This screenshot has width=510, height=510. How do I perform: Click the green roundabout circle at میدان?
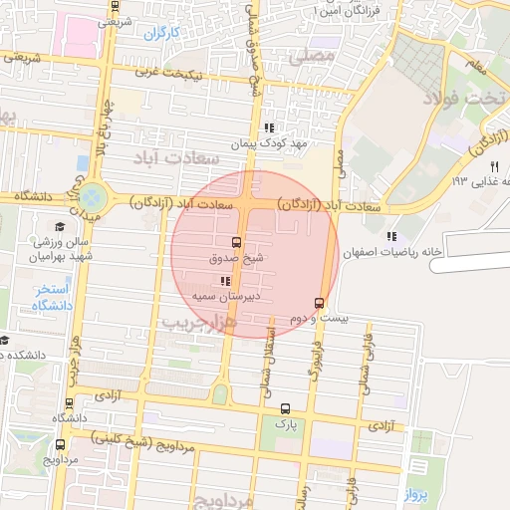point(92,196)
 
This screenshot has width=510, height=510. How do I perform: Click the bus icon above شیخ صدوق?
point(237,241)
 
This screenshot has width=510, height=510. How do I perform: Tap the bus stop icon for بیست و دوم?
point(319,302)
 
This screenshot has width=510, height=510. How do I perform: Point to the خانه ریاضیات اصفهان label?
point(390,253)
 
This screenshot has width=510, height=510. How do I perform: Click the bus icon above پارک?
point(287,407)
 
